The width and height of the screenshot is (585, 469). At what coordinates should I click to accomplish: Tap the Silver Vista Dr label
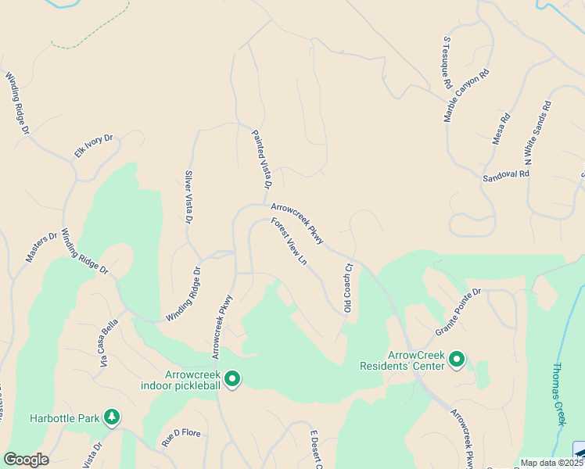[188, 198]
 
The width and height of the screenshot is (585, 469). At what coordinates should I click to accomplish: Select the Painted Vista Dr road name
[260, 159]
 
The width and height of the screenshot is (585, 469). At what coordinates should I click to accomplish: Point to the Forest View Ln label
[289, 242]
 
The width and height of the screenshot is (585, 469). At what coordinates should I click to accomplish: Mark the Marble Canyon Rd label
[466, 95]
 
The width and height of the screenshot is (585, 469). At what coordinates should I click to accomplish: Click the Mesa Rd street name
[501, 129]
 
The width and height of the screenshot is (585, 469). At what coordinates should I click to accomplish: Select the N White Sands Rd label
[538, 132]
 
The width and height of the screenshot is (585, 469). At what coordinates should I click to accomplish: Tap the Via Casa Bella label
[108, 342]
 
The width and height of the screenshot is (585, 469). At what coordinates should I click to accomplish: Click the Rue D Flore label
[181, 439]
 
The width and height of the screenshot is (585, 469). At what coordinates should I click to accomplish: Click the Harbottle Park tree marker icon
[113, 417]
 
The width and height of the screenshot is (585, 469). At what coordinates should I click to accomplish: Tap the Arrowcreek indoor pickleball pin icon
[231, 379]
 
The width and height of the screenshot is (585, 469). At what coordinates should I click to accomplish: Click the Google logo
[26, 460]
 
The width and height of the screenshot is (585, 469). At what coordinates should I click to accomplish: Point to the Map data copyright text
[548, 463]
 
